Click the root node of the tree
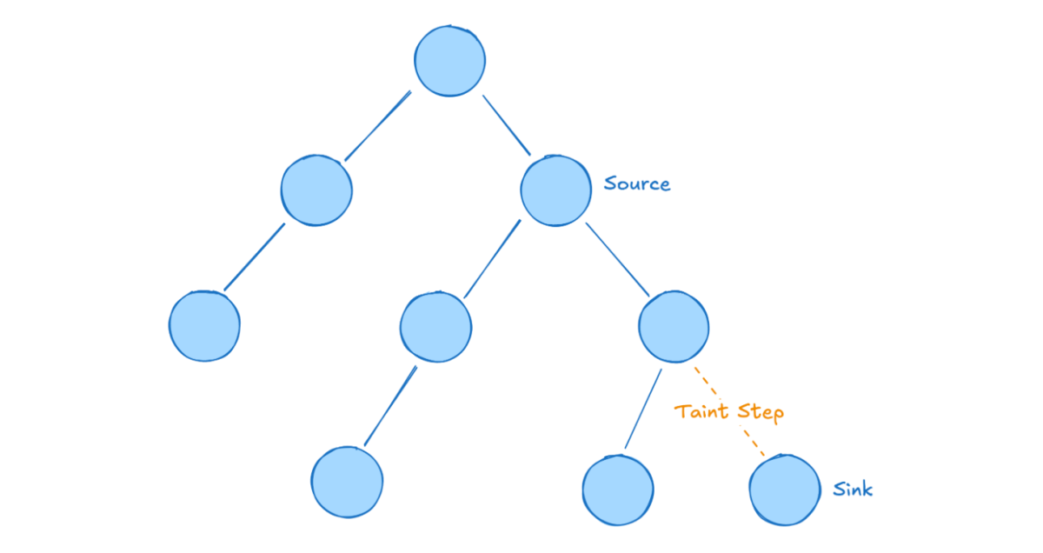click(x=449, y=61)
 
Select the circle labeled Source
click(x=556, y=190)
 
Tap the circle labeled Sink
click(x=784, y=490)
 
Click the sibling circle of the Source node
click(x=316, y=190)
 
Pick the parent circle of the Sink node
click(x=674, y=327)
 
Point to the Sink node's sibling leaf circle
click(x=617, y=490)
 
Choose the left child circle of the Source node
click(x=435, y=327)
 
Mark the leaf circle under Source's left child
click(x=347, y=483)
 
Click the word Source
click(x=637, y=184)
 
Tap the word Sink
click(x=853, y=490)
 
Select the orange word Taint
click(x=703, y=411)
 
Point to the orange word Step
click(x=761, y=412)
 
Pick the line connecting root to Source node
click(x=506, y=124)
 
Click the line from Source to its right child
click(x=617, y=260)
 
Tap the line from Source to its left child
click(x=491, y=260)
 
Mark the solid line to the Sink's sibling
click(x=642, y=409)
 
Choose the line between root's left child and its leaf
click(x=254, y=257)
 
